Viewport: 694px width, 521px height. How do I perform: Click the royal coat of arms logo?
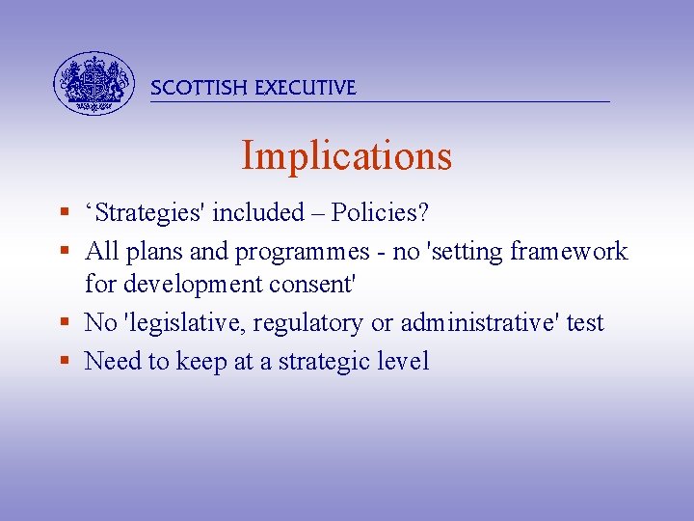93,83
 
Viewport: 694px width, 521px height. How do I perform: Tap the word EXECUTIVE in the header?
306,88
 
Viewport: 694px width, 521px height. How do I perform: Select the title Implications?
346,155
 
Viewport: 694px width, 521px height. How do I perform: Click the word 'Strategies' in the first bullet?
146,212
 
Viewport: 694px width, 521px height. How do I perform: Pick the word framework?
569,252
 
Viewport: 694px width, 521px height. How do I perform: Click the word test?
585,323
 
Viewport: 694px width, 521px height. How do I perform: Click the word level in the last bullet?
406,362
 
